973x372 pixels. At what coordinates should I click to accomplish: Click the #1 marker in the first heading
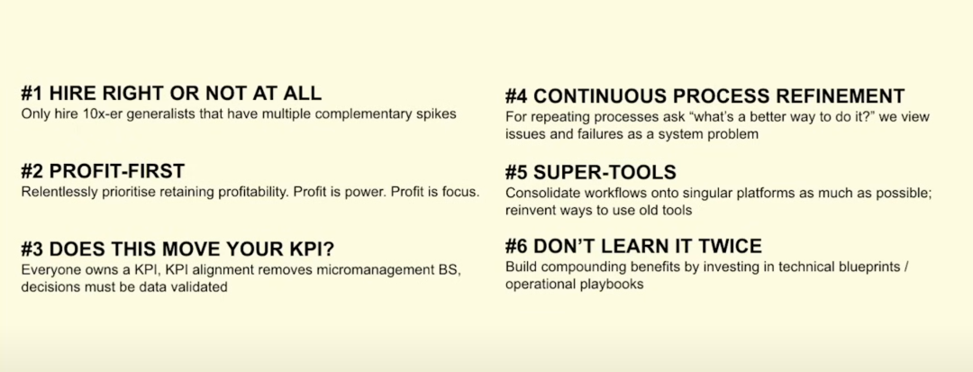tap(32, 94)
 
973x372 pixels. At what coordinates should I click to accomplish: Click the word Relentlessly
tap(51, 192)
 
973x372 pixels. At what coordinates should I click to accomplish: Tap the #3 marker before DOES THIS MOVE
tap(32, 249)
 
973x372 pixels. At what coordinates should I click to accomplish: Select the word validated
tap(200, 287)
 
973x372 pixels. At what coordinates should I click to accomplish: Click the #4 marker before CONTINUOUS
tap(517, 96)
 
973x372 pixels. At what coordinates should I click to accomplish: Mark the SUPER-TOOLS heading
tap(591, 172)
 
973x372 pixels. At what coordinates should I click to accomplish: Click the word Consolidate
tap(537, 193)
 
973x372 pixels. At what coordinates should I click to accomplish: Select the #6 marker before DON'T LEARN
tap(517, 246)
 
